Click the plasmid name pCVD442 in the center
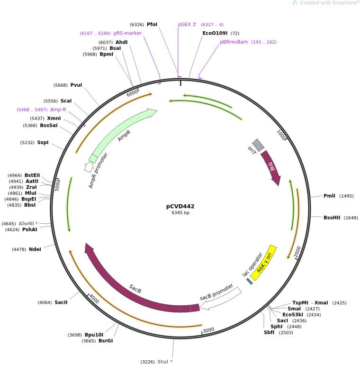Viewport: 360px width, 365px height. click(x=180, y=206)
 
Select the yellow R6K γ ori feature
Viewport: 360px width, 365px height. click(x=264, y=262)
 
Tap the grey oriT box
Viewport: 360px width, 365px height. click(x=258, y=145)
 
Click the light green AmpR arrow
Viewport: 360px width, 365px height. click(x=123, y=135)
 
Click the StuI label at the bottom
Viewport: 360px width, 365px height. click(x=165, y=362)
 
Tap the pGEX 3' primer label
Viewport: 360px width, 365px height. click(x=187, y=24)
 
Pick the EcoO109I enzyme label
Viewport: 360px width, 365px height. click(x=215, y=33)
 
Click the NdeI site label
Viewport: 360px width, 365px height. click(x=35, y=249)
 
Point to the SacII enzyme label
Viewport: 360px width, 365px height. click(x=61, y=302)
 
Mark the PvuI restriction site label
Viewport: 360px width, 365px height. click(x=76, y=85)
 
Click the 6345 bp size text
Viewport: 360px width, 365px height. click(x=180, y=213)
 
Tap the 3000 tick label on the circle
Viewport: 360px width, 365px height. click(x=208, y=330)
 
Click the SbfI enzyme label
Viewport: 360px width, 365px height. click(x=269, y=332)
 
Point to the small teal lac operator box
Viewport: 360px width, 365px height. click(x=249, y=281)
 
